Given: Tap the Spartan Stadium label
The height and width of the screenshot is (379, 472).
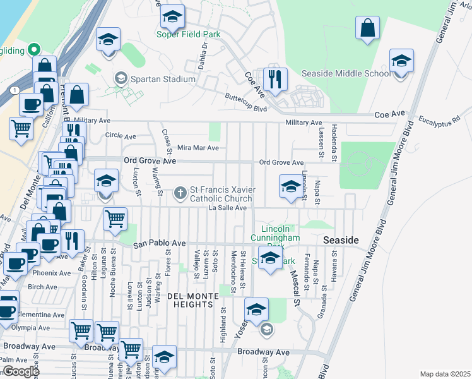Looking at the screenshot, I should click(162, 79).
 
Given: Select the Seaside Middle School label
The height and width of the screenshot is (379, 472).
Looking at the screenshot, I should click(346, 73).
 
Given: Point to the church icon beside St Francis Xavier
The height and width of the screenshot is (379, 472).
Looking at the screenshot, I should click(180, 191).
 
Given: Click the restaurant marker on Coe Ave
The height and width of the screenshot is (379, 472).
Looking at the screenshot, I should click(274, 79).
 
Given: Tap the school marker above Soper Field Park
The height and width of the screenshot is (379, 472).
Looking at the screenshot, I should click(171, 19).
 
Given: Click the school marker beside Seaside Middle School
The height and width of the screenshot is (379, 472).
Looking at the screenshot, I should click(400, 62).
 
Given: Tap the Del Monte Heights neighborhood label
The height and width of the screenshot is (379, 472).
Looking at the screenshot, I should click(189, 300).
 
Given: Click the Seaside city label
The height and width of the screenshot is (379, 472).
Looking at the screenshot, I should click(341, 241).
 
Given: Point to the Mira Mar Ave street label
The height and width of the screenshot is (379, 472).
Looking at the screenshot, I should click(198, 148).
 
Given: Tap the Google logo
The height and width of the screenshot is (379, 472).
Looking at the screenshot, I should click(21, 371).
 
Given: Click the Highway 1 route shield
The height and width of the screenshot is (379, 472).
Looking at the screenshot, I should click(13, 90).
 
